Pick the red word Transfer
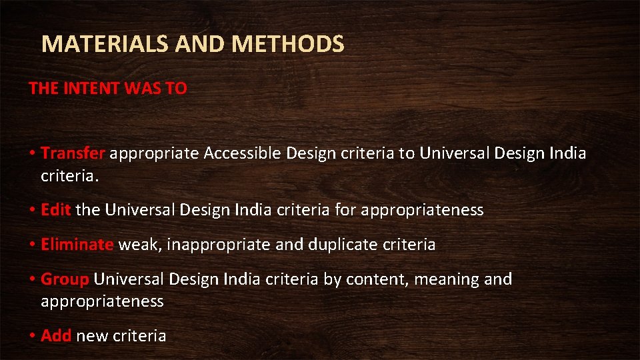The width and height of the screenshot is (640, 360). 73,154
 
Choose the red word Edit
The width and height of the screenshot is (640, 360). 56,210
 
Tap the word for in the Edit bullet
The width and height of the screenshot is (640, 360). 346,210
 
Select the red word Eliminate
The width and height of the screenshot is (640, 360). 77,245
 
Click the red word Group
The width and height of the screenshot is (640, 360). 65,279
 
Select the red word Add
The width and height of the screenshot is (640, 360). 56,335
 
